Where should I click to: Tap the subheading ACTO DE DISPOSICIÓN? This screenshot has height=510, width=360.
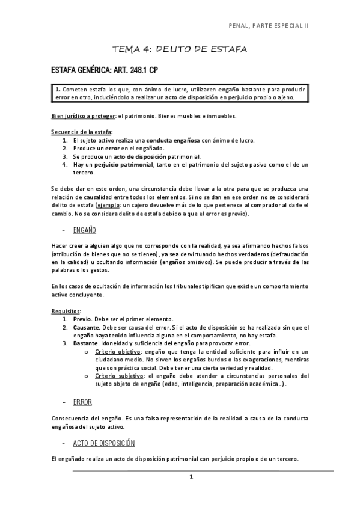pyautogui.click(x=103, y=443)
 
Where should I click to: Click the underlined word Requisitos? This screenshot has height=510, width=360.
pyautogui.click(x=66, y=311)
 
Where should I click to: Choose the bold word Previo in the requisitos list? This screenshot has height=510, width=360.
pyautogui.click(x=82, y=319)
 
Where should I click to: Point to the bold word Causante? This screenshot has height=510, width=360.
pyautogui.click(x=87, y=327)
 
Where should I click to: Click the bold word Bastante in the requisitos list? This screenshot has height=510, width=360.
pyautogui.click(x=86, y=343)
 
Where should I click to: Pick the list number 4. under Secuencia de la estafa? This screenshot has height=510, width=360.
pyautogui.click(x=65, y=164)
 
